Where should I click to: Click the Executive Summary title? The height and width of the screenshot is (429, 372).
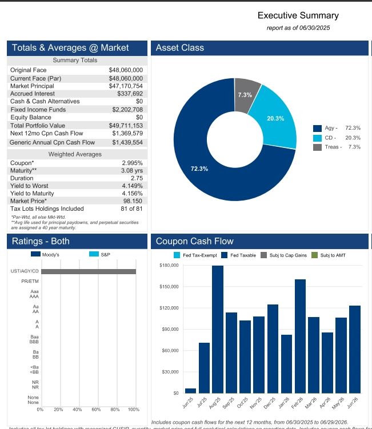[x=298, y=15]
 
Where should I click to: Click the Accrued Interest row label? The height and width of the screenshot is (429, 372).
[x=33, y=93]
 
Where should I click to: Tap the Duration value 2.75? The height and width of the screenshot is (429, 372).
[x=136, y=178]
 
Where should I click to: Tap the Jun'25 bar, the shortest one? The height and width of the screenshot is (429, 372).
[x=190, y=391]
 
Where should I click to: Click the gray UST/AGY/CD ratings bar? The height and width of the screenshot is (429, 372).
[x=89, y=271]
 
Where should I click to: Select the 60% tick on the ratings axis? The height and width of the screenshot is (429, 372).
[x=95, y=410]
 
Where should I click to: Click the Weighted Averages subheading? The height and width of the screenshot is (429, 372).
[x=75, y=154]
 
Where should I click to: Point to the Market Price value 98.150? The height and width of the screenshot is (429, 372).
[x=133, y=201]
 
